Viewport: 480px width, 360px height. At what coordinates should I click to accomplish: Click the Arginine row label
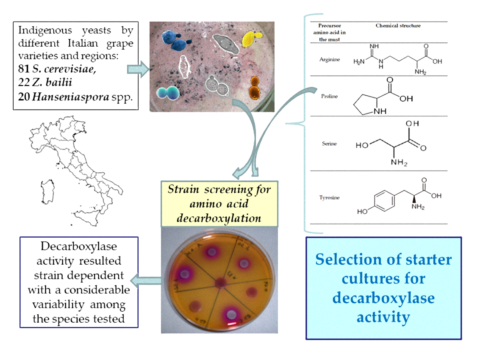[x=329, y=59]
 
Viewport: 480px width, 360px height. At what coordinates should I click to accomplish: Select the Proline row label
[x=329, y=96]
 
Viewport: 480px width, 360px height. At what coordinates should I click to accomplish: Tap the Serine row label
[x=329, y=144]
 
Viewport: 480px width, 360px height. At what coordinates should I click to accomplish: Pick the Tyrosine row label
[x=329, y=197]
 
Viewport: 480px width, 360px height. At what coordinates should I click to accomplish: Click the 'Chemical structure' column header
[x=398, y=26]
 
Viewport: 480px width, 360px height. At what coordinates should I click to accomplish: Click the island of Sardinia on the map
[x=48, y=193]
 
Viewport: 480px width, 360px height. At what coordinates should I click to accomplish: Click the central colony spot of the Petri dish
[x=221, y=282]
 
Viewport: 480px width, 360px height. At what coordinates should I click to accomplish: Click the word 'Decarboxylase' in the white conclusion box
[x=78, y=246]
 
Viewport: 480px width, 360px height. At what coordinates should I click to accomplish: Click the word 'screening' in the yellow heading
[x=217, y=189]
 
